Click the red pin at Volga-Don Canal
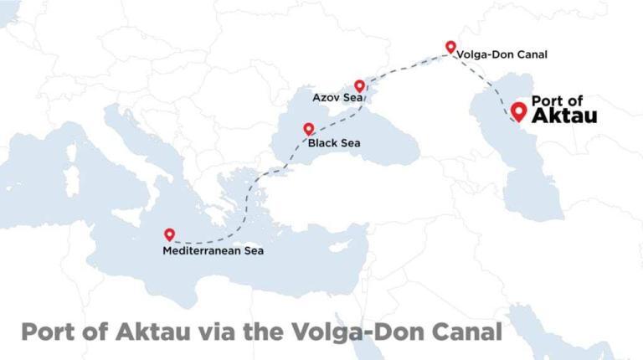450,48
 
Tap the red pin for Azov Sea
359,86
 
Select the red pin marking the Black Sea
308,130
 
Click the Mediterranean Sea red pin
170,235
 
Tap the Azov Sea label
337,98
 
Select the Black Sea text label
334,143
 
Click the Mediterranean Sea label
213,249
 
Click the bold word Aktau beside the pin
564,116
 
